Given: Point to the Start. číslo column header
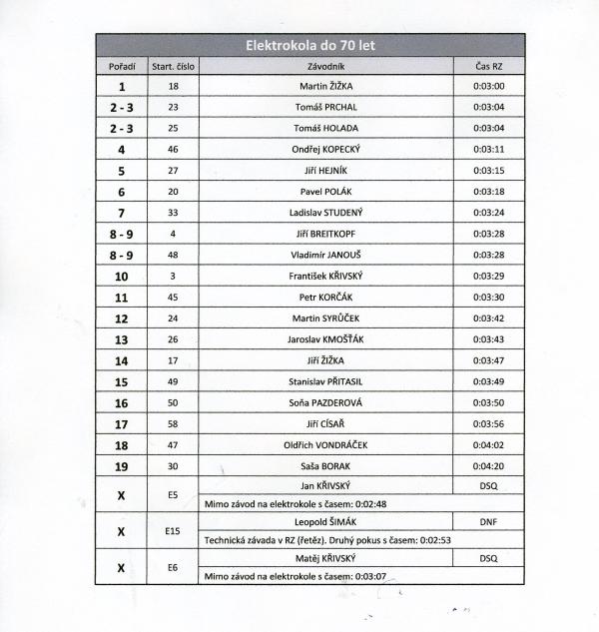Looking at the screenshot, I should [173, 66].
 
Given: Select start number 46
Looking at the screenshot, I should [173, 149].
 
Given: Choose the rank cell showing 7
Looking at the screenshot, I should [121, 213].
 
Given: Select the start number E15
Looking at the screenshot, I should [173, 531].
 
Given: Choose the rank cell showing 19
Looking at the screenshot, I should [121, 465].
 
